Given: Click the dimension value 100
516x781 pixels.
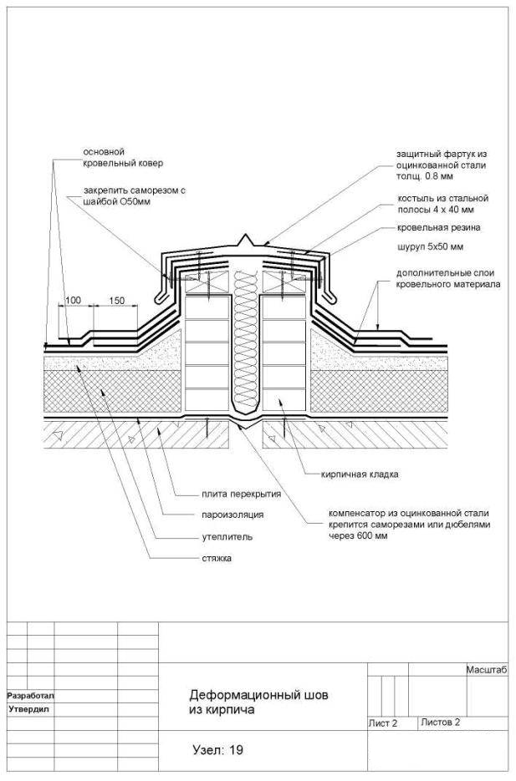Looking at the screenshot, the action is (x=73, y=301).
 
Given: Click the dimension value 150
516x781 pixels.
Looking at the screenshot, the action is (x=116, y=301).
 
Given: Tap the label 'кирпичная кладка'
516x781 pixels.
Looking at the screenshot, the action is (x=360, y=474).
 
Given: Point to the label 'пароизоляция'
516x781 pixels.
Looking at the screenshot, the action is (x=232, y=515).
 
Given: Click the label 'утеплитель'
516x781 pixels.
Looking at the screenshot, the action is (x=227, y=537).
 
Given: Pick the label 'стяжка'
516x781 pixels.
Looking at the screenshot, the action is (x=217, y=558).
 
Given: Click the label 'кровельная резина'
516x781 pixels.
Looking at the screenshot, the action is (x=439, y=228).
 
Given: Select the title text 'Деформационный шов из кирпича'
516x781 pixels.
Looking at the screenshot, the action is (x=258, y=702).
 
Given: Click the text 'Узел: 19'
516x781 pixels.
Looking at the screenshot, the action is (x=218, y=749).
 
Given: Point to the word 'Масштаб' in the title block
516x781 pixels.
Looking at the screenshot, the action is (x=487, y=670).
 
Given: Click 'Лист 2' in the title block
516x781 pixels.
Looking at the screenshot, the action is (x=383, y=723).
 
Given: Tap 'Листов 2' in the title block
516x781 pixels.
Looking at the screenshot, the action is (x=440, y=723).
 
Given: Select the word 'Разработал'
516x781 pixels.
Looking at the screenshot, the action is (x=30, y=695).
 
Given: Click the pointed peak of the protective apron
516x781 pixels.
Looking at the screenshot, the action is (x=245, y=234).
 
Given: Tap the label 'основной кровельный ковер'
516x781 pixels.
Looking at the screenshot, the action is (x=123, y=157).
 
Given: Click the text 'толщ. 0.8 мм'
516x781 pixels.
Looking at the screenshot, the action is (x=425, y=176).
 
